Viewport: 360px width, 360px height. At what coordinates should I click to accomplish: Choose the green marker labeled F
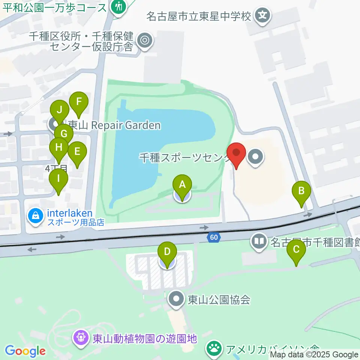point(79,102)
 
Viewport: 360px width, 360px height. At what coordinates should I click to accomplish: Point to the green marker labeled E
point(77,152)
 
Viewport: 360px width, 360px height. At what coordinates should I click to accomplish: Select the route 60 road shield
point(214,237)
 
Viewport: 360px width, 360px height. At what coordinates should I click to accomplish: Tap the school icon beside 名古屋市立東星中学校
point(263,16)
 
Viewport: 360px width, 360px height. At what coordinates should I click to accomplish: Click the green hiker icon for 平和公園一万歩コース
point(119,6)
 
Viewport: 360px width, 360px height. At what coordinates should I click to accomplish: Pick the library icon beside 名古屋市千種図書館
point(259,241)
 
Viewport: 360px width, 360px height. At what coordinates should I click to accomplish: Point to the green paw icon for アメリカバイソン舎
point(214,349)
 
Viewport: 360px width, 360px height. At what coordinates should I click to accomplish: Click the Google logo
point(25,351)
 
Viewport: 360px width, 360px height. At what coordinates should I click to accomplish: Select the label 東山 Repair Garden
point(114,125)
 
